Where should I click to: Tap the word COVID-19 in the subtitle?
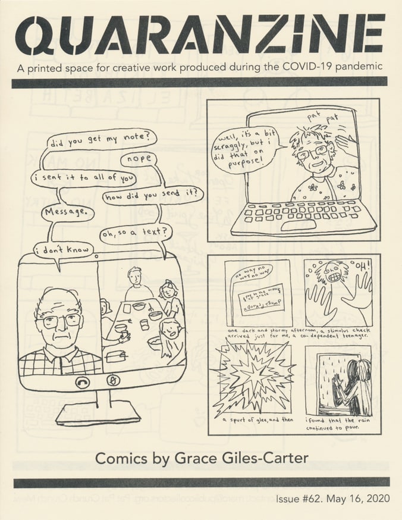tap(297, 67)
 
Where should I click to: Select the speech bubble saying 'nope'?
tap(138, 159)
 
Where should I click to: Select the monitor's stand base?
tap(98, 413)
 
